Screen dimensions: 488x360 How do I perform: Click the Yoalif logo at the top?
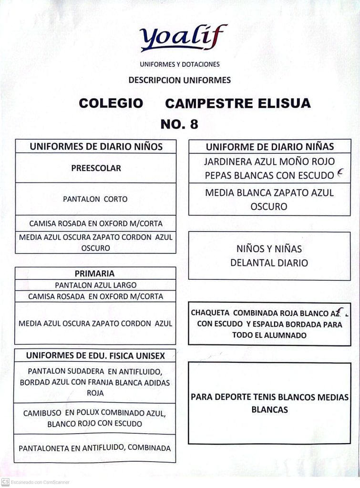183,38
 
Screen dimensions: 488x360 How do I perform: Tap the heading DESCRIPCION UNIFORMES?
180,80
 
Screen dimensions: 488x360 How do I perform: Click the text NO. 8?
179,124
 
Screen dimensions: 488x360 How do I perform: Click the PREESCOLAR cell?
96,168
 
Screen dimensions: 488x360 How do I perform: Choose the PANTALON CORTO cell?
95,199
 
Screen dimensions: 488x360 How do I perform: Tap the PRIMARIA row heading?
95,274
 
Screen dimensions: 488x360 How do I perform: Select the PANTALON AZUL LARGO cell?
95,285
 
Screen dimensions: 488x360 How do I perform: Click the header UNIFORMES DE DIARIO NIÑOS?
96,146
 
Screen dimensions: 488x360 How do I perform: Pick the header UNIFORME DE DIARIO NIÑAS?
269,146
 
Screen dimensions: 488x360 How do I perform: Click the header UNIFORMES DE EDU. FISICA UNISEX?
95,355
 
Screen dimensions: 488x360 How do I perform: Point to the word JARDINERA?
226,162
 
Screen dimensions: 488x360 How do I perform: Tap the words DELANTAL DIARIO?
269,263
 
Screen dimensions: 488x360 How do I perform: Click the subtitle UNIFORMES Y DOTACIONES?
180,64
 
